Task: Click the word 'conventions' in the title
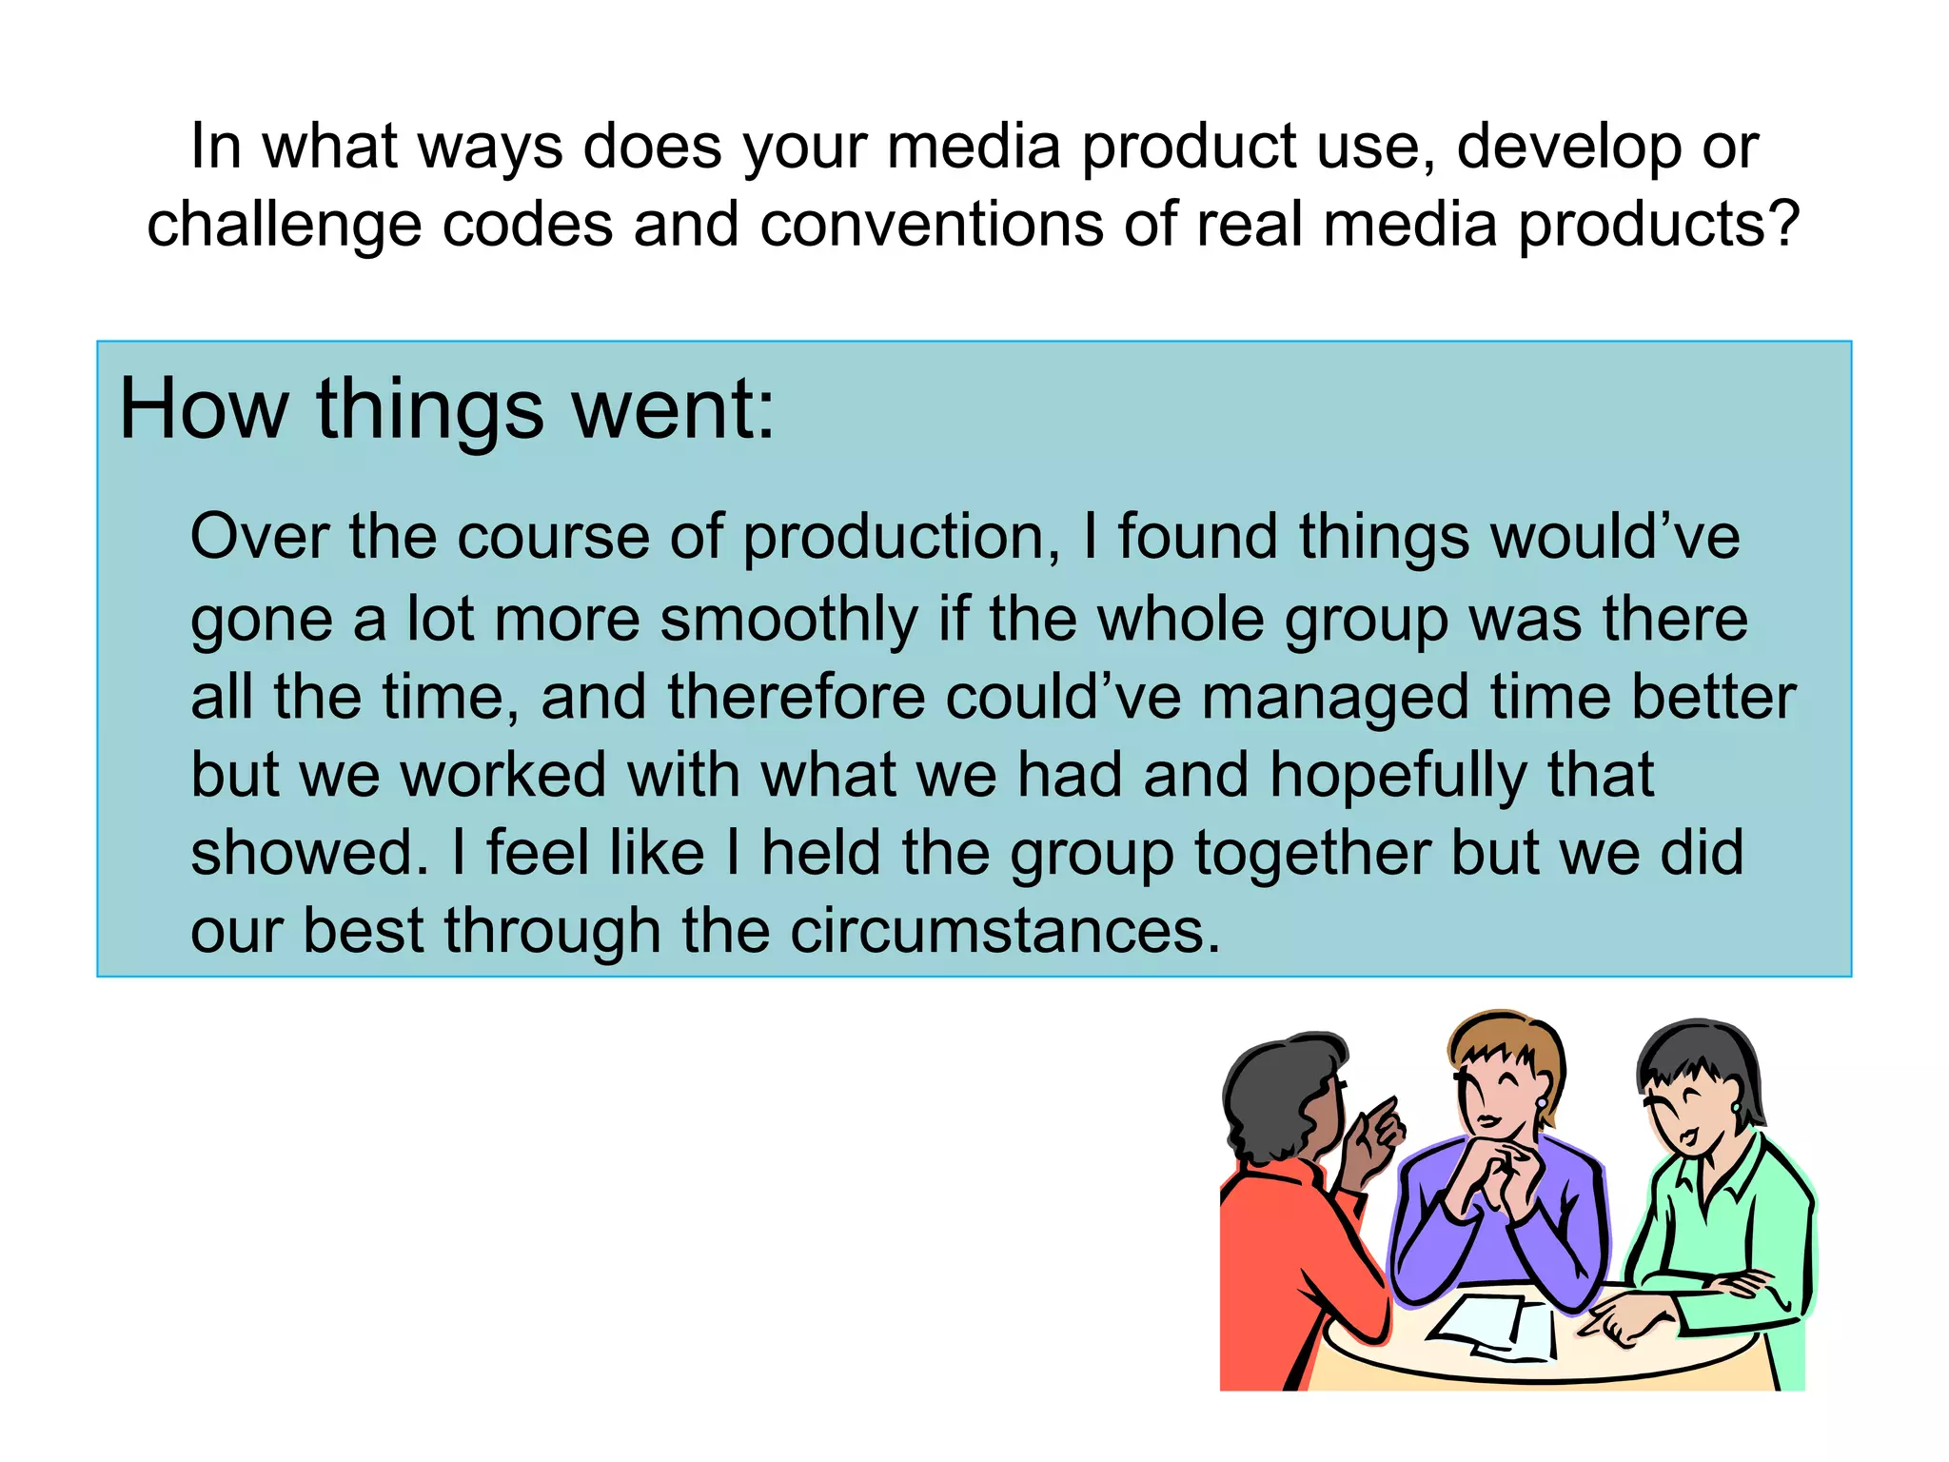[930, 226]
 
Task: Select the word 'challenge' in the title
[284, 226]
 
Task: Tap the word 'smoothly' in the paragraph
[789, 620]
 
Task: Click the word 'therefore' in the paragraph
[796, 698]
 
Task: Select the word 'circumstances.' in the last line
[1005, 932]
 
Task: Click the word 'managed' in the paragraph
[1335, 698]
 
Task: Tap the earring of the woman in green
[1735, 1107]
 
